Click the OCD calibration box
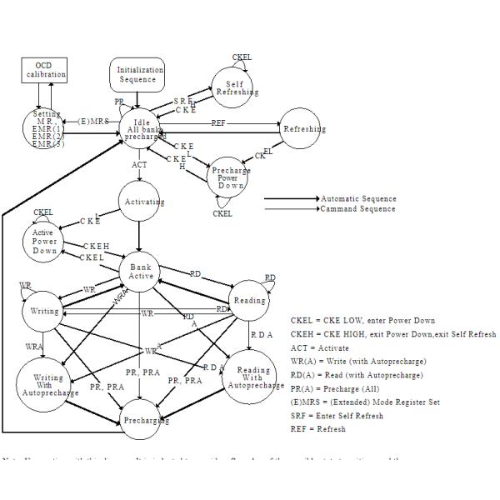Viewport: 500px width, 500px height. [x=44, y=71]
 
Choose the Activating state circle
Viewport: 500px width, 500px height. [x=143, y=202]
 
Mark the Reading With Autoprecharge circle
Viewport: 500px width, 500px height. [x=253, y=380]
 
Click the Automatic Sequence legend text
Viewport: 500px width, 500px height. [x=358, y=198]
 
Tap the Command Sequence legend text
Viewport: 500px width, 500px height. [x=358, y=208]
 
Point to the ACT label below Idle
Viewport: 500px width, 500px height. [x=139, y=165]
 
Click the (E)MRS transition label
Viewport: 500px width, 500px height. [x=93, y=122]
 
